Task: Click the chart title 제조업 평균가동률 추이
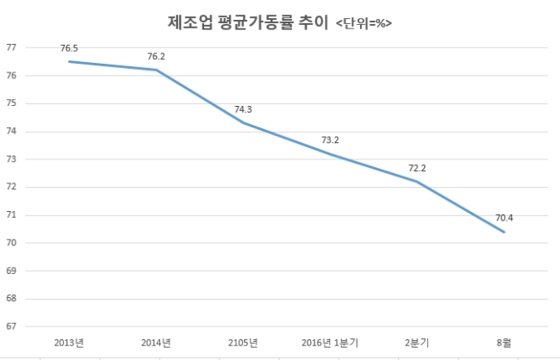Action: coord(247,22)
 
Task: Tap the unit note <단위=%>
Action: coord(364,23)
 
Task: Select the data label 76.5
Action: coord(69,48)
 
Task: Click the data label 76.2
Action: coord(156,57)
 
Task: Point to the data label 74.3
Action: coord(243,109)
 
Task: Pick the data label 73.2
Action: coord(330,140)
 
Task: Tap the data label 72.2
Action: coord(417,168)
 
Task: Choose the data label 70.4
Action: coord(504,218)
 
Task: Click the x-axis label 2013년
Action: coord(69,343)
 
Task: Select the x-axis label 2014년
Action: coord(156,343)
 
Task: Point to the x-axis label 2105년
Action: coord(243,343)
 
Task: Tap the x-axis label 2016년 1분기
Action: coord(330,343)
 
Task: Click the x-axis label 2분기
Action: coord(417,343)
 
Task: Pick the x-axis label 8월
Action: coord(504,343)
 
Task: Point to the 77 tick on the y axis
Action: coord(11,47)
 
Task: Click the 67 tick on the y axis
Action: coord(11,326)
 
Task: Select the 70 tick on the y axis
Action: coord(11,243)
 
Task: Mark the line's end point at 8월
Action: coord(504,233)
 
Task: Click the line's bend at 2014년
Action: coord(157,70)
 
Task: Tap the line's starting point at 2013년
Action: coord(69,61)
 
